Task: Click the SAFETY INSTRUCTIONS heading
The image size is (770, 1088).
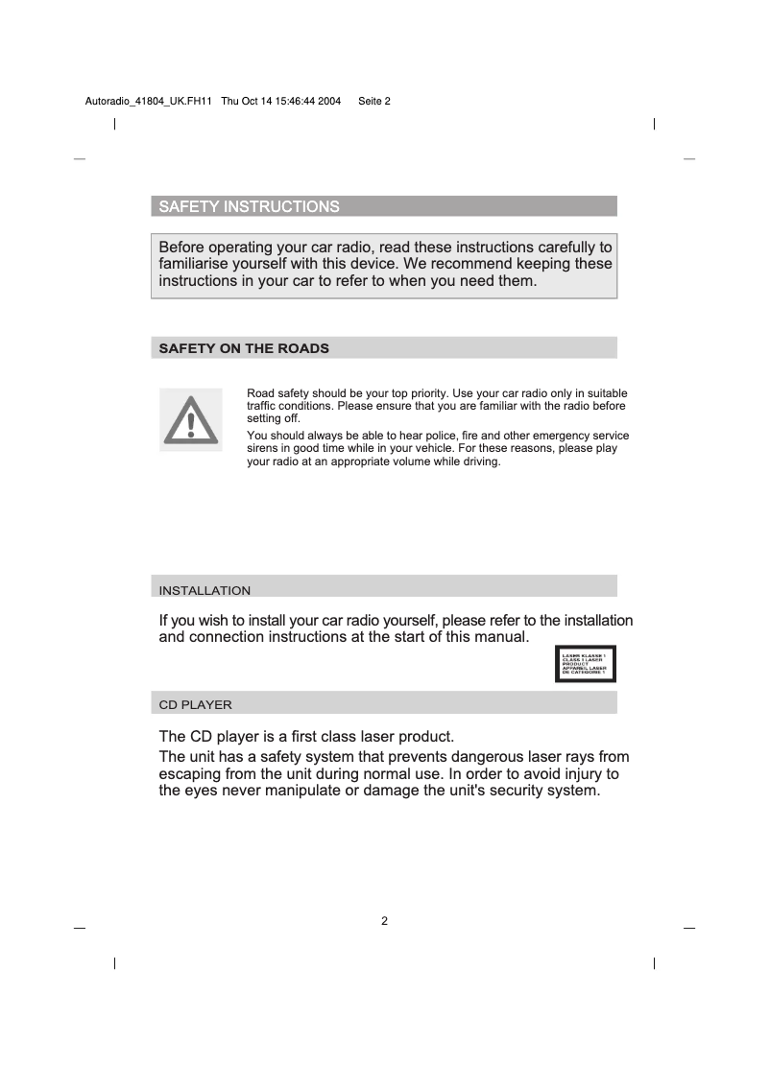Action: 248,207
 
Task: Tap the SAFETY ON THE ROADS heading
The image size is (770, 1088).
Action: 243,348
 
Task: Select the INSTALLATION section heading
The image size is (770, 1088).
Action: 205,590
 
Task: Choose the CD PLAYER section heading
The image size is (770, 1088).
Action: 195,704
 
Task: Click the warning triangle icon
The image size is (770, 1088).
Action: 190,419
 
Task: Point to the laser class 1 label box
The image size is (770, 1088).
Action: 585,664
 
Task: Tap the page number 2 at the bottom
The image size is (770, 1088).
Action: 384,922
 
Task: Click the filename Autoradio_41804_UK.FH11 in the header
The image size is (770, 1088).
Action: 142,102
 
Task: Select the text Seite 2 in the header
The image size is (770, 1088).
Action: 373,102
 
